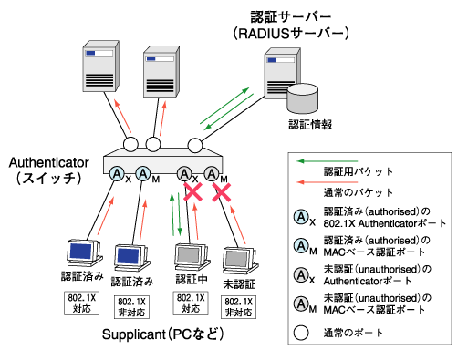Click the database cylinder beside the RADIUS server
pyautogui.click(x=302, y=98)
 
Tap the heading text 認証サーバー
pyautogui.click(x=291, y=17)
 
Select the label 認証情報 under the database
pyautogui.click(x=310, y=125)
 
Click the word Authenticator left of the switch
pyautogui.click(x=48, y=162)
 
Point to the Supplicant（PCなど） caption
pyautogui.click(x=163, y=334)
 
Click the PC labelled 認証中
pyautogui.click(x=192, y=257)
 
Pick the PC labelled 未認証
pyautogui.click(x=240, y=261)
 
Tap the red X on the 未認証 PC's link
pyautogui.click(x=222, y=192)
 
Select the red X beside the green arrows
pyautogui.click(x=193, y=191)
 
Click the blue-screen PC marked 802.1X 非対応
pyautogui.click(x=131, y=258)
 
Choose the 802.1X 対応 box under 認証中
pyautogui.click(x=191, y=303)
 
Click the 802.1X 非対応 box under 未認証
pyautogui.click(x=238, y=307)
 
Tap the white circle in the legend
pyautogui.click(x=301, y=333)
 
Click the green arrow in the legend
pyautogui.click(x=327, y=161)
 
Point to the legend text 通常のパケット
pyautogui.click(x=359, y=192)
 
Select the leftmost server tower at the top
pyautogui.click(x=100, y=66)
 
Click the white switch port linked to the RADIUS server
pyautogui.click(x=195, y=145)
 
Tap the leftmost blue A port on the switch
pyautogui.click(x=117, y=174)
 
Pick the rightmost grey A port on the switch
pyautogui.click(x=212, y=174)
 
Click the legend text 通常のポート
pyautogui.click(x=353, y=333)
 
